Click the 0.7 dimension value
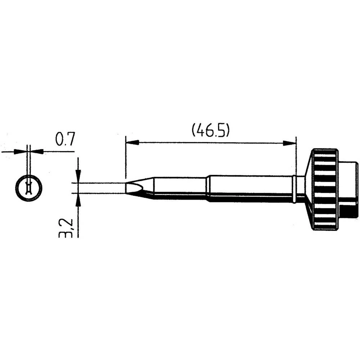click(65, 139)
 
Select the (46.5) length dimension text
click(211, 130)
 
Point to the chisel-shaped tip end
click(133, 188)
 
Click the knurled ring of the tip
click(325, 189)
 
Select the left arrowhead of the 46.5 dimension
click(132, 143)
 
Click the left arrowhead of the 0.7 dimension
click(21, 152)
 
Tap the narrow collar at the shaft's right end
click(294, 189)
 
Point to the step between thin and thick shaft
click(207, 188)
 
